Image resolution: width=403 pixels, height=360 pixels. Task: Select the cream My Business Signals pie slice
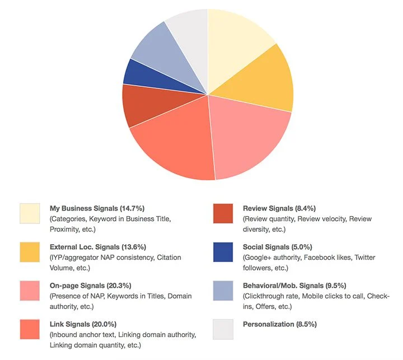pyautogui.click(x=235, y=39)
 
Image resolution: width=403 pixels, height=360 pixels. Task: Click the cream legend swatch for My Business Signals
pyautogui.click(x=30, y=213)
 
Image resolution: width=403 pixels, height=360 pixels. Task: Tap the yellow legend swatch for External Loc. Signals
pyautogui.click(x=30, y=252)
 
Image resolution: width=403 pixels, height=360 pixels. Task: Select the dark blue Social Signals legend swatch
pyautogui.click(x=223, y=252)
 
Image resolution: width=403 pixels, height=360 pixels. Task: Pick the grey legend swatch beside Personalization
pyautogui.click(x=223, y=329)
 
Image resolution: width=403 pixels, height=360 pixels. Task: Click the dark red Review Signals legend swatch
pyautogui.click(x=223, y=213)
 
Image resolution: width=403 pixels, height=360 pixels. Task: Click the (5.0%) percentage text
pyautogui.click(x=317, y=247)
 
